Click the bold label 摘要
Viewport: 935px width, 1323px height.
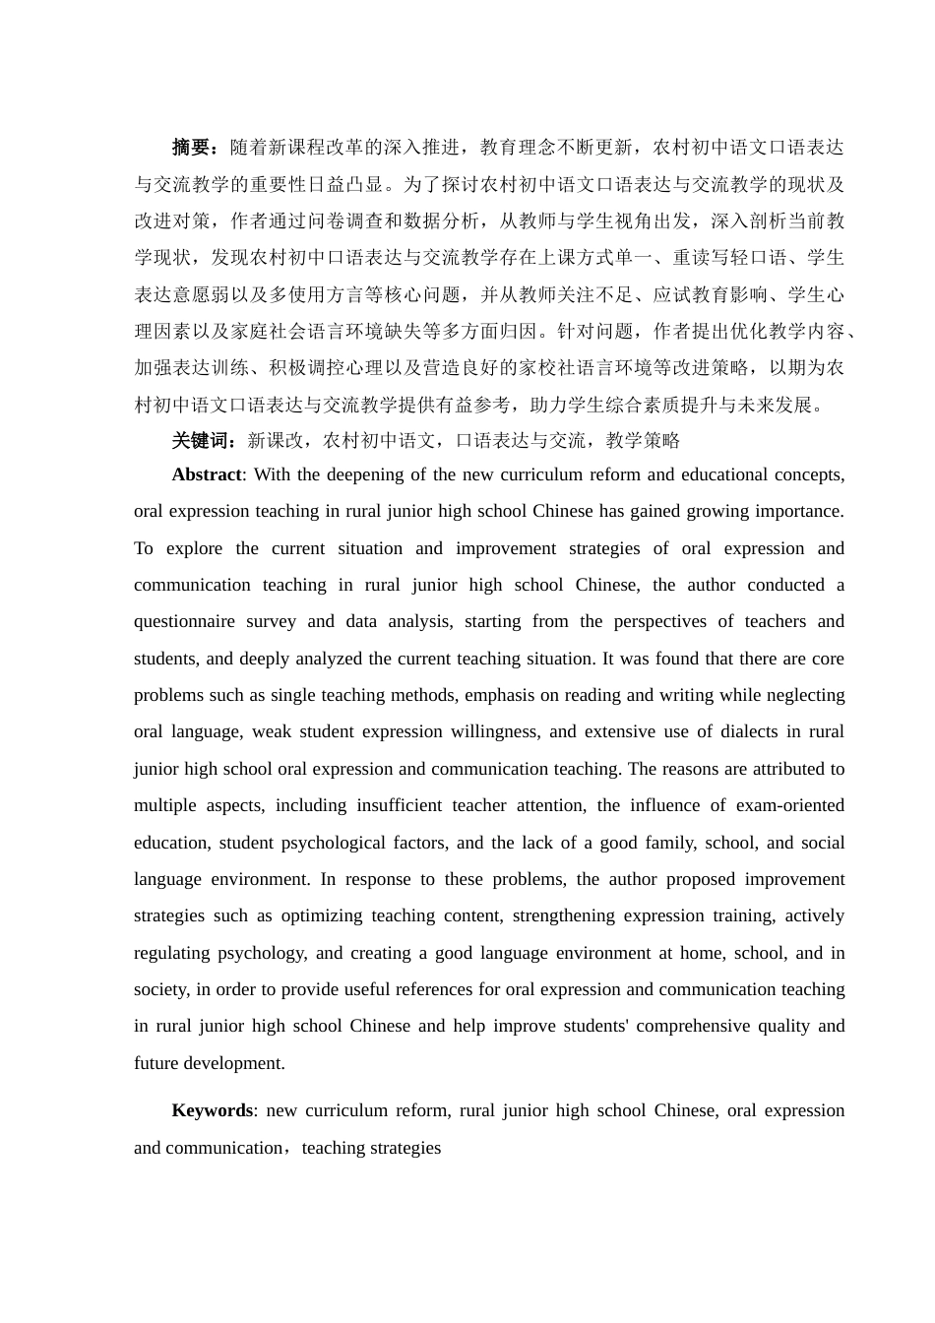point(191,148)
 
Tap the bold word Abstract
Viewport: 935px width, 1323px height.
point(206,474)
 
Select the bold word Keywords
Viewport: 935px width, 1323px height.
point(212,1110)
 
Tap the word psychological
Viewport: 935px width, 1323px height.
point(333,843)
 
